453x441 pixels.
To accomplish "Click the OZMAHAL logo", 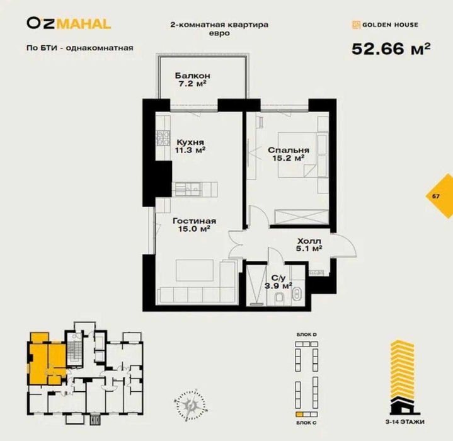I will pyautogui.click(x=69, y=24).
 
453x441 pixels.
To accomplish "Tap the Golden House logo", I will pyautogui.click(x=384, y=25).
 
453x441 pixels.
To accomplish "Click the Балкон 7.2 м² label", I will pyautogui.click(x=192, y=79).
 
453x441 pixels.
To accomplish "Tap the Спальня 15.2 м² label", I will pyautogui.click(x=288, y=154).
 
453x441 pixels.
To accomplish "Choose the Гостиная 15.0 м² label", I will pyautogui.click(x=195, y=225).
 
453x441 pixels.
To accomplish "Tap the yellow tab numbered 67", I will pyautogui.click(x=436, y=196).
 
